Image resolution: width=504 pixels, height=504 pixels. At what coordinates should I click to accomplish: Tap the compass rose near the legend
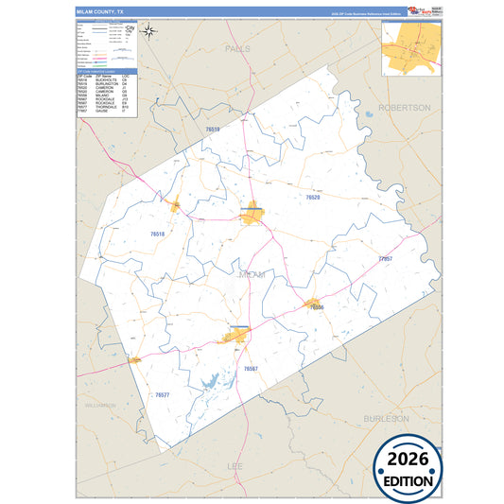click(x=149, y=29)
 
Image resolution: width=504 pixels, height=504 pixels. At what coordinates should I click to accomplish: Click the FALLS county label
click(x=237, y=46)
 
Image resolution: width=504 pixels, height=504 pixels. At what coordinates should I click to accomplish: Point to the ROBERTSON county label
click(x=404, y=108)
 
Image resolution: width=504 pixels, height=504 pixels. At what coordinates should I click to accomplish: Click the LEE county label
click(x=235, y=466)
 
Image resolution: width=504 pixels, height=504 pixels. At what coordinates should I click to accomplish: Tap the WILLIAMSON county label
click(x=99, y=405)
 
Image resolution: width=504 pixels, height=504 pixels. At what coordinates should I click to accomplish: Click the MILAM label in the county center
click(x=251, y=274)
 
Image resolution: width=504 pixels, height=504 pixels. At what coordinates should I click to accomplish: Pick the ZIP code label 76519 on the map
click(x=213, y=130)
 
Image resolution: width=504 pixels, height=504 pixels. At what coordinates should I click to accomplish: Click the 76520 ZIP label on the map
click(x=313, y=197)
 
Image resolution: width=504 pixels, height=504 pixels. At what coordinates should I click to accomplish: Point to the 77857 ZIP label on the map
click(x=385, y=257)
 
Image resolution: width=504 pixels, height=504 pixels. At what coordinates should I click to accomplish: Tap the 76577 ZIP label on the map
click(x=162, y=394)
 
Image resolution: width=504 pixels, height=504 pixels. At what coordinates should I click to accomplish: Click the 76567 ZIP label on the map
click(x=251, y=368)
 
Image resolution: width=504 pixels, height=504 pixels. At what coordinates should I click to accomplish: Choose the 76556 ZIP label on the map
click(x=317, y=308)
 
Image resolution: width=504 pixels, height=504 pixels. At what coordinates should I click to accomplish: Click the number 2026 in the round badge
click(x=407, y=459)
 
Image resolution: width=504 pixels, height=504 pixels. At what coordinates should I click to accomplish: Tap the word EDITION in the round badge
click(x=407, y=479)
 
